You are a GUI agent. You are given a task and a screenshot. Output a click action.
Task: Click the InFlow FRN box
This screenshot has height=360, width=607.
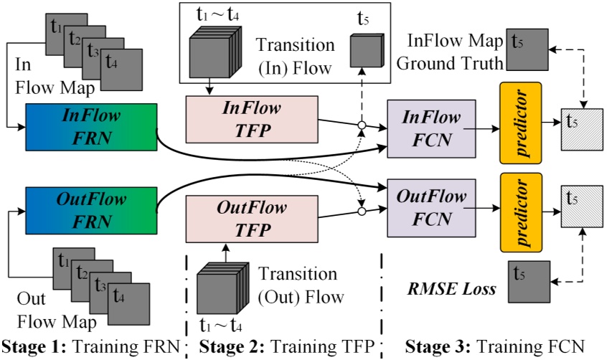(91, 127)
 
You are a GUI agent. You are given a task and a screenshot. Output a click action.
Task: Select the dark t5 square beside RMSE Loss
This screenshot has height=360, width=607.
(527, 282)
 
